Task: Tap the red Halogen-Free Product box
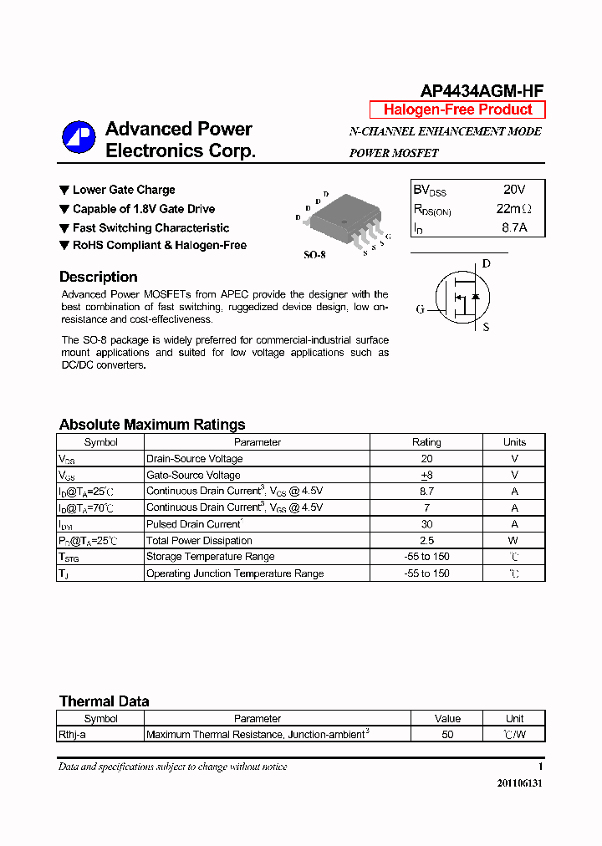457,110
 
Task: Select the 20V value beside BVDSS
514,190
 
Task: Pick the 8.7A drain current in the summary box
514,227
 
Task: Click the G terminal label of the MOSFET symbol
421,309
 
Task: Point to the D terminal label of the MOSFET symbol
486,264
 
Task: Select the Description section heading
98,277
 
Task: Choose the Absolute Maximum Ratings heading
152,424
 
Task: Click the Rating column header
426,442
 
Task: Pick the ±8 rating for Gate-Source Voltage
426,475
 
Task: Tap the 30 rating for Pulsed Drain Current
426,524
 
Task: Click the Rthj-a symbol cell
72,735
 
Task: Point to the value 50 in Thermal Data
447,735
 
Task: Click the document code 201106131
519,783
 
